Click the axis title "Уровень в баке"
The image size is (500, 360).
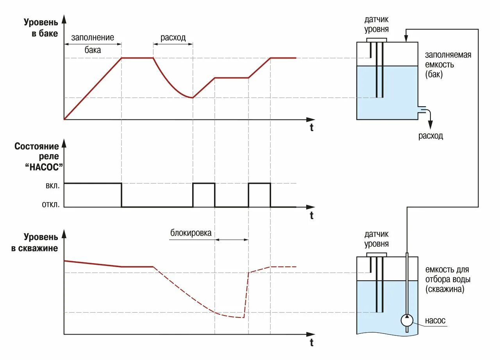point(41,28)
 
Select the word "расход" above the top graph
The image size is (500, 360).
point(173,38)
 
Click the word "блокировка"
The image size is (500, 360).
point(191,233)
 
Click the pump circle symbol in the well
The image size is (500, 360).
point(407,320)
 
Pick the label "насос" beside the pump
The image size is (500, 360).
point(435,321)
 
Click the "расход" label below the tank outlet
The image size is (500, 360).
point(430,136)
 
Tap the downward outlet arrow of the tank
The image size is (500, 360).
point(430,124)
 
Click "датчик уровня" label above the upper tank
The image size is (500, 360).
point(376,24)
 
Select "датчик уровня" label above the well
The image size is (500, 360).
point(376,239)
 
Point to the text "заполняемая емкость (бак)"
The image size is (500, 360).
point(448,64)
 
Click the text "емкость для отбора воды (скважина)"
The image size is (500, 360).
point(447,280)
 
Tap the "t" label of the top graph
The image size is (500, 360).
point(311,128)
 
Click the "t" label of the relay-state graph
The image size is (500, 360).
point(311,215)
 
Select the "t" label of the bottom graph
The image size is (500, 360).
point(311,343)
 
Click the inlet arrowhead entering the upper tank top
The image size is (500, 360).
point(406,38)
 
